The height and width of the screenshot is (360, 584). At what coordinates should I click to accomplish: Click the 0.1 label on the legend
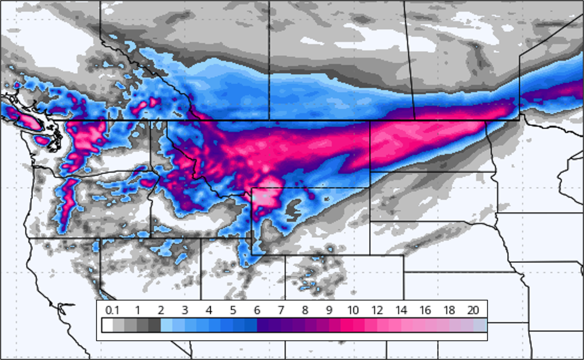112,310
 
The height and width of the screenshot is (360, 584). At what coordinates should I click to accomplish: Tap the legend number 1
137,310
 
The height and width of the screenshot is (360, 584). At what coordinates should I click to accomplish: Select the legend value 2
161,310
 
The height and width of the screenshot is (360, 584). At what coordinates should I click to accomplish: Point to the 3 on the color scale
185,310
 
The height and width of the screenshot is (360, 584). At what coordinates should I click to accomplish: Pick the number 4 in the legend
209,310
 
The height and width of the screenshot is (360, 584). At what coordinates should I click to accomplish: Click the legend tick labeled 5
233,310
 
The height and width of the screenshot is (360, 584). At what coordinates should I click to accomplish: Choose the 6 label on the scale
257,310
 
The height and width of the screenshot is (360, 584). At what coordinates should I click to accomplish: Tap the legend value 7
281,310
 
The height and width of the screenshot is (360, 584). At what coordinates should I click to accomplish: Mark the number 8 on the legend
305,310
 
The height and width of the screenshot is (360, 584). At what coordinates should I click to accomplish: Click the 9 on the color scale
329,310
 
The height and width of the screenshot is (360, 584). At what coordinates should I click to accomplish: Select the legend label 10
353,310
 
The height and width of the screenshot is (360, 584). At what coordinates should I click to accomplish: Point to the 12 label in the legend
377,310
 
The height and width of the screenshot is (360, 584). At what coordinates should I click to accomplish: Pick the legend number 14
401,310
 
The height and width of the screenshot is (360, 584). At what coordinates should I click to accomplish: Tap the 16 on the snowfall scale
425,310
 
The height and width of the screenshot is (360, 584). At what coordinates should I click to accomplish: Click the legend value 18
449,310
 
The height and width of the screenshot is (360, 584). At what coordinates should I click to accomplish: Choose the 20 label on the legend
473,310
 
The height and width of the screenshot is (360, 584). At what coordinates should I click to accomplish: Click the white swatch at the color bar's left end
107,326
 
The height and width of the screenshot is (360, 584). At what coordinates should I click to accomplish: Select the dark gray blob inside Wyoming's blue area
293,208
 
